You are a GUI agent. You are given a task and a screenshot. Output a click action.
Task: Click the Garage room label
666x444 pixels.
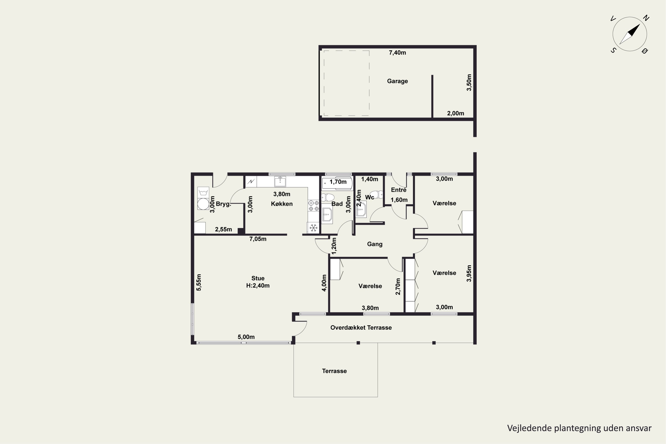coord(397,81)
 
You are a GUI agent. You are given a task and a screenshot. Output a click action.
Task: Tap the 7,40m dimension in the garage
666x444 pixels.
coord(397,53)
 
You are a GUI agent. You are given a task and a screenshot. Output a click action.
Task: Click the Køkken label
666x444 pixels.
coord(282,204)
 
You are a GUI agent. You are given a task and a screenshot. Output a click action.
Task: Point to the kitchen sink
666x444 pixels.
coord(280,181)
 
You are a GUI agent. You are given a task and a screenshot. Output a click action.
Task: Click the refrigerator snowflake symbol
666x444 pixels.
coord(313,228)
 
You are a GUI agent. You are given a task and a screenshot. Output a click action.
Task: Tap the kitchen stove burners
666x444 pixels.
coord(313,206)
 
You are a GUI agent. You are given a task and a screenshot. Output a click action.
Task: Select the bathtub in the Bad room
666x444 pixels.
coord(337,184)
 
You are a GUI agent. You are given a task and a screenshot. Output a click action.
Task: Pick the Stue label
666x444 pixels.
coord(258,278)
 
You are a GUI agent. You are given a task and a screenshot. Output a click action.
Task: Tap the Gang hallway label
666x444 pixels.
coord(375,244)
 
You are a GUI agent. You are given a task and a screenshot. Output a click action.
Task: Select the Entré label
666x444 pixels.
coord(399,190)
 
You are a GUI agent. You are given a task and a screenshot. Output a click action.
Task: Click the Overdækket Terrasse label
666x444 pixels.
coord(361,328)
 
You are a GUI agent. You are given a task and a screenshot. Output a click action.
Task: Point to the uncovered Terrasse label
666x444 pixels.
coord(334,371)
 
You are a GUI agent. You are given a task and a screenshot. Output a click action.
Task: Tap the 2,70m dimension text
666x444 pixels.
coord(398,286)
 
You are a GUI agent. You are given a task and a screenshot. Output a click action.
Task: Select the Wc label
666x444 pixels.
coord(370,197)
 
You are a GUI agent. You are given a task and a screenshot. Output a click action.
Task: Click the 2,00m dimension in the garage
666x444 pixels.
coord(455,113)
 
